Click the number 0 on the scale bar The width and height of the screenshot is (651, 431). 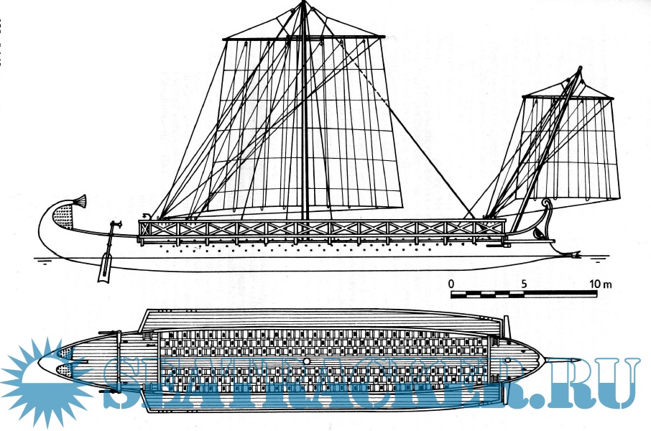pos(451,284)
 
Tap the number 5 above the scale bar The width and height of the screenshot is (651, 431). pos(525,284)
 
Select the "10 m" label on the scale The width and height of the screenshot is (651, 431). pos(601,284)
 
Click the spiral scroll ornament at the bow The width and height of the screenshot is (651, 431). pos(549,206)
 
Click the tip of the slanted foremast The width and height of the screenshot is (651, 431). pos(579,70)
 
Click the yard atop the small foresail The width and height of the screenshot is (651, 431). pos(568,97)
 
